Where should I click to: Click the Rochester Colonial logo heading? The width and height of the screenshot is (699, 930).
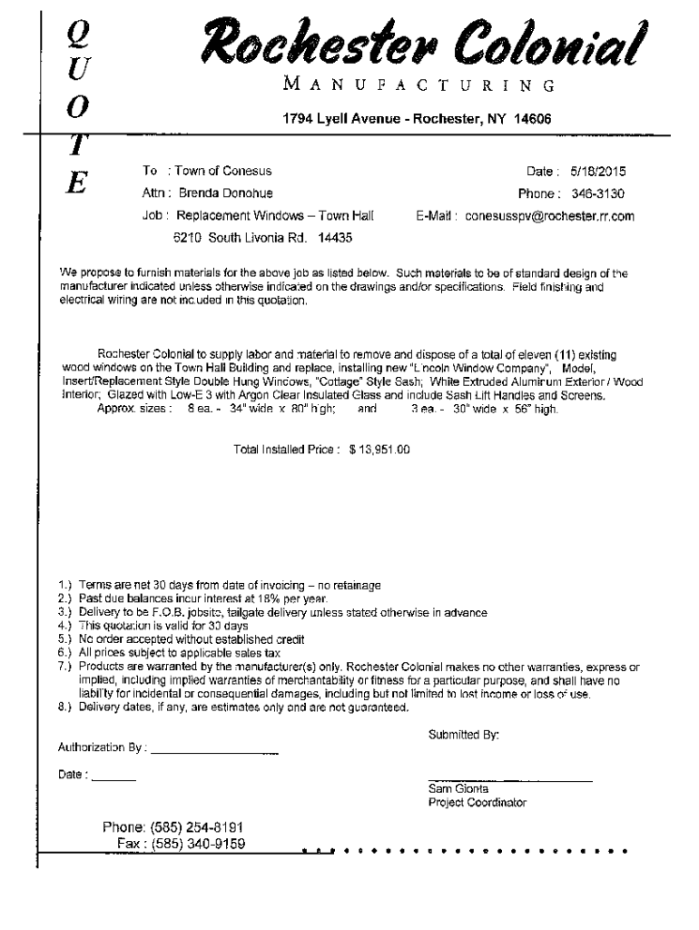click(425, 42)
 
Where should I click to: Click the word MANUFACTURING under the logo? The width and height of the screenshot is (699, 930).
click(419, 86)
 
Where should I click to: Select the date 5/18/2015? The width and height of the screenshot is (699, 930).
click(597, 172)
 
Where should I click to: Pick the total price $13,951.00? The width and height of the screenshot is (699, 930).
click(379, 449)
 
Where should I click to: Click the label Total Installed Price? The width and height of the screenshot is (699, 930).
click(286, 449)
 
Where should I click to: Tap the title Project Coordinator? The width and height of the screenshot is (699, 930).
click(477, 803)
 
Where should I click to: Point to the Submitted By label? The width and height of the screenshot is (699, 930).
click(463, 735)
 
